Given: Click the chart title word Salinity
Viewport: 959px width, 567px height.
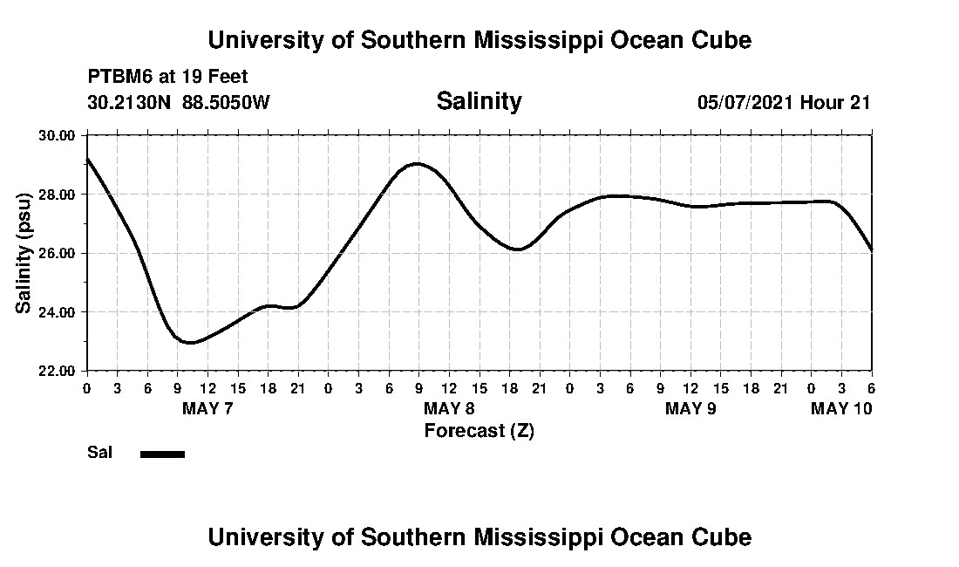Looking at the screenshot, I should (479, 101).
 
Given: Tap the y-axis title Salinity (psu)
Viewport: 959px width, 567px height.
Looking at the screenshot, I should (24, 253).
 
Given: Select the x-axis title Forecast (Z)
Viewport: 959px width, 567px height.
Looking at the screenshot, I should (479, 430).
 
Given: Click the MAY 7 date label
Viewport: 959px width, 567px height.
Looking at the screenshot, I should (207, 408).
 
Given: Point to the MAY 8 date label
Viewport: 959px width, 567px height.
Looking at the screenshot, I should (449, 408).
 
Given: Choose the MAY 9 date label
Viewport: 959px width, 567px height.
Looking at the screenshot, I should (690, 408).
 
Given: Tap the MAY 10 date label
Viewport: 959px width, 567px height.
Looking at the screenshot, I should (840, 408).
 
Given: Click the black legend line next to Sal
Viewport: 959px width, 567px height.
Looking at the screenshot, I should (162, 454).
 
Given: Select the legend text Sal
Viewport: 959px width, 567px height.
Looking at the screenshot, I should (99, 453).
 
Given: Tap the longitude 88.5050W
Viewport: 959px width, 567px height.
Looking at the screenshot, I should (226, 102).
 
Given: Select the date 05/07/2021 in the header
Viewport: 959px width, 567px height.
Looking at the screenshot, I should (745, 102).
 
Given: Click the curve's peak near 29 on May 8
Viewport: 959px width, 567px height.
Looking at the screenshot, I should (418, 164).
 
